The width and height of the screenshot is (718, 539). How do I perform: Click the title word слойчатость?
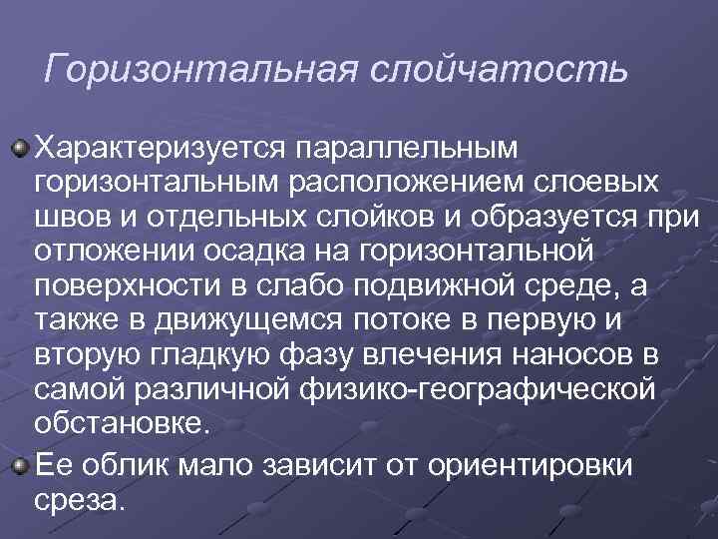click(500, 70)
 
